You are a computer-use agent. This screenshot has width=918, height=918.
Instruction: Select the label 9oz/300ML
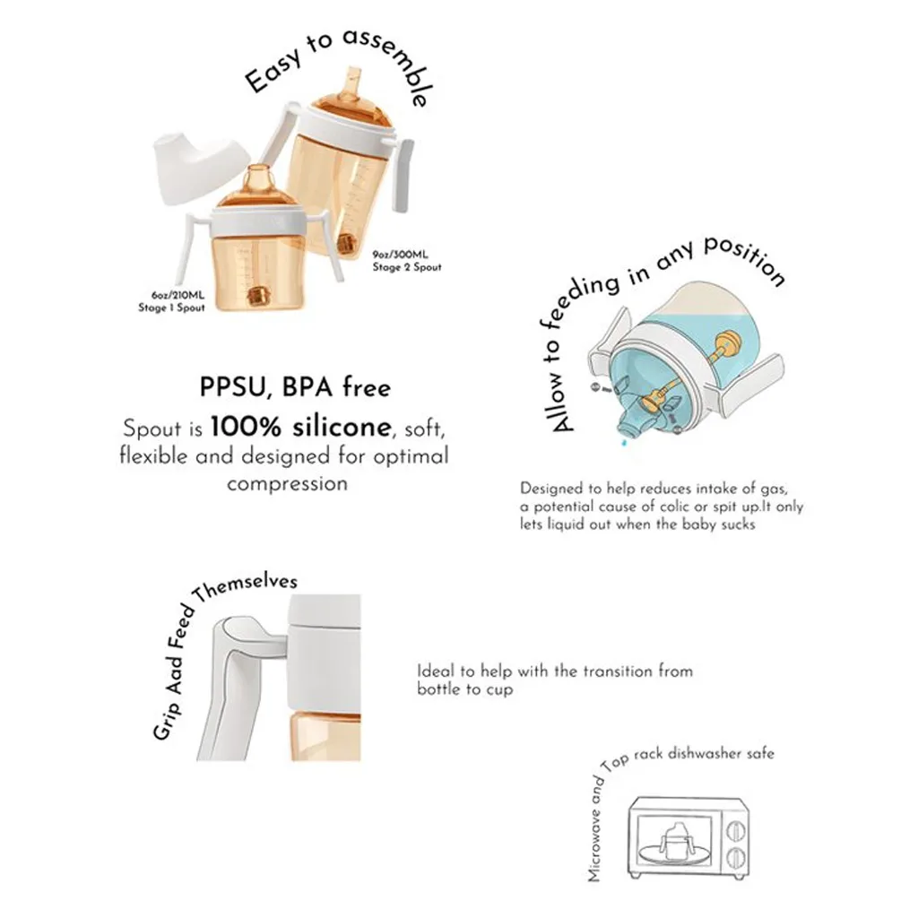point(401,255)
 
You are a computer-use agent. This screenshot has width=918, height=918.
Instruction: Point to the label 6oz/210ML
point(178,295)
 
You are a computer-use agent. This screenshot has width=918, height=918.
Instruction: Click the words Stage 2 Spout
point(407,267)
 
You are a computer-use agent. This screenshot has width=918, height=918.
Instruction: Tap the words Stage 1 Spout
point(171,308)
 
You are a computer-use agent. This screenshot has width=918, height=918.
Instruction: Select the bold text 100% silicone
point(301,427)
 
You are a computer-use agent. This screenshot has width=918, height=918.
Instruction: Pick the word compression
point(288,484)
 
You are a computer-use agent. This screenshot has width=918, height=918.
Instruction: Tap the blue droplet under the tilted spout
point(624,443)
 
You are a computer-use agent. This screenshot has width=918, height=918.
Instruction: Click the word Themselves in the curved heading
point(247,587)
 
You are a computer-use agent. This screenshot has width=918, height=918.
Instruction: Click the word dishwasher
point(706,753)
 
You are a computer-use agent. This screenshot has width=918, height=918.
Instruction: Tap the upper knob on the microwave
point(736,831)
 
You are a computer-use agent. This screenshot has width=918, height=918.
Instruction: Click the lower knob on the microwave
point(736,858)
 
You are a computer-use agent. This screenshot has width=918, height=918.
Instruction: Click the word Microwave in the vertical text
point(595,844)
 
